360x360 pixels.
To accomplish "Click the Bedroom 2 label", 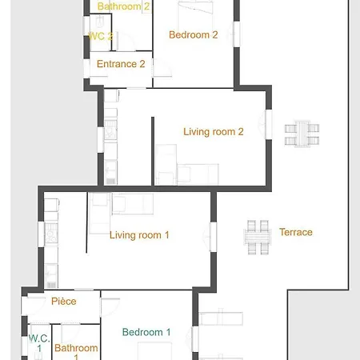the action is pyautogui.click(x=194, y=35).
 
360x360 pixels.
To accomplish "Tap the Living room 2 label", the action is pyautogui.click(x=214, y=132).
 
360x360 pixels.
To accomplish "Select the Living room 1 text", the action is pyautogui.click(x=139, y=235).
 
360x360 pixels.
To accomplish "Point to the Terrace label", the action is pyautogui.click(x=296, y=232).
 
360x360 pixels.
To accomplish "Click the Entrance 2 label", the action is pyautogui.click(x=121, y=64).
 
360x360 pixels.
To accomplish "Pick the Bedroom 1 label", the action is pyautogui.click(x=146, y=332).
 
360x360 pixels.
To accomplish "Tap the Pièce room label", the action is pyautogui.click(x=64, y=302).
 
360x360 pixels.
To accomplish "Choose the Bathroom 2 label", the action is pyautogui.click(x=123, y=6).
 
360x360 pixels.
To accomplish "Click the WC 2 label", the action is pyautogui.click(x=100, y=36).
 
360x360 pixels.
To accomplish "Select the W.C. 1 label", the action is pyautogui.click(x=39, y=343).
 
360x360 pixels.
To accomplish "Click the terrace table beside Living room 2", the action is pyautogui.click(x=302, y=134).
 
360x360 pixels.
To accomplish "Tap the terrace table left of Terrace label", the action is pyautogui.click(x=258, y=237).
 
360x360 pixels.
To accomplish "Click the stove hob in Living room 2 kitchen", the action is pyautogui.click(x=110, y=130).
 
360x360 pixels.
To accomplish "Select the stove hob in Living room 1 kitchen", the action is pyautogui.click(x=51, y=233).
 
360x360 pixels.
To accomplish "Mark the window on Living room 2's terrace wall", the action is pyautogui.click(x=269, y=125).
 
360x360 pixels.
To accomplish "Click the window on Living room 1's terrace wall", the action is pyautogui.click(x=214, y=237).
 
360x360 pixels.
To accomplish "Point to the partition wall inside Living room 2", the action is pyautogui.click(x=153, y=151).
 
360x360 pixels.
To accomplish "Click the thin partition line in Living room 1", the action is pyautogui.click(x=86, y=222).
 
